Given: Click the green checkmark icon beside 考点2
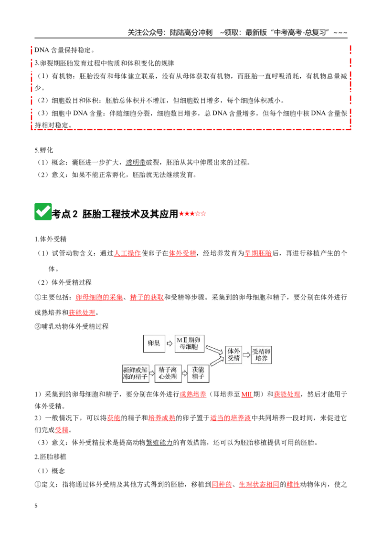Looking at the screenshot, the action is tap(43, 211).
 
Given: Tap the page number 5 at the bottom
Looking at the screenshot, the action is tap(36, 506).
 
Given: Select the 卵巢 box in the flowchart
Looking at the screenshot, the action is tap(154, 343).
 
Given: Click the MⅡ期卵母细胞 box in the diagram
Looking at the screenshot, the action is tap(189, 343).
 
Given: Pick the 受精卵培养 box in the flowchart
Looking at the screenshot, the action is tap(261, 355).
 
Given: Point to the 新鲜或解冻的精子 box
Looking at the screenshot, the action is tap(135, 374).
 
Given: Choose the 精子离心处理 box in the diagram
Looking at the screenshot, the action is tap(168, 374).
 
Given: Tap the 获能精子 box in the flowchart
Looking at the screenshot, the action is tap(198, 374).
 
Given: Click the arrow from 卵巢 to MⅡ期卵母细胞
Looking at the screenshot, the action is tap(170, 343).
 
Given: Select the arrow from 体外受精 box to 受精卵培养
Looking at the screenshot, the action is tap(246, 355).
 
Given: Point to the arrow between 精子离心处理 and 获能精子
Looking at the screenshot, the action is tap(184, 374).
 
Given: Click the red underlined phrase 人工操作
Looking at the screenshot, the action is tap(127, 253).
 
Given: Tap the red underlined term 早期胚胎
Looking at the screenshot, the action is tap(258, 253).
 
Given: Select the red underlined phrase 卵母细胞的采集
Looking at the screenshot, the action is tap(99, 297).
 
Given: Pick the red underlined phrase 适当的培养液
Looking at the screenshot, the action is tap(230, 418).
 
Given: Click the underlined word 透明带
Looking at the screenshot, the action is tap(136, 163).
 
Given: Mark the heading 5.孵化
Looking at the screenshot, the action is tap(44, 150).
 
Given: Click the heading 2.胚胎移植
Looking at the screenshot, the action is tap(50, 457).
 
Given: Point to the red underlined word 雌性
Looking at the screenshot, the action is tap(293, 485).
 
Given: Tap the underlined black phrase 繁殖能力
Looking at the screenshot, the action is tap(159, 443).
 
